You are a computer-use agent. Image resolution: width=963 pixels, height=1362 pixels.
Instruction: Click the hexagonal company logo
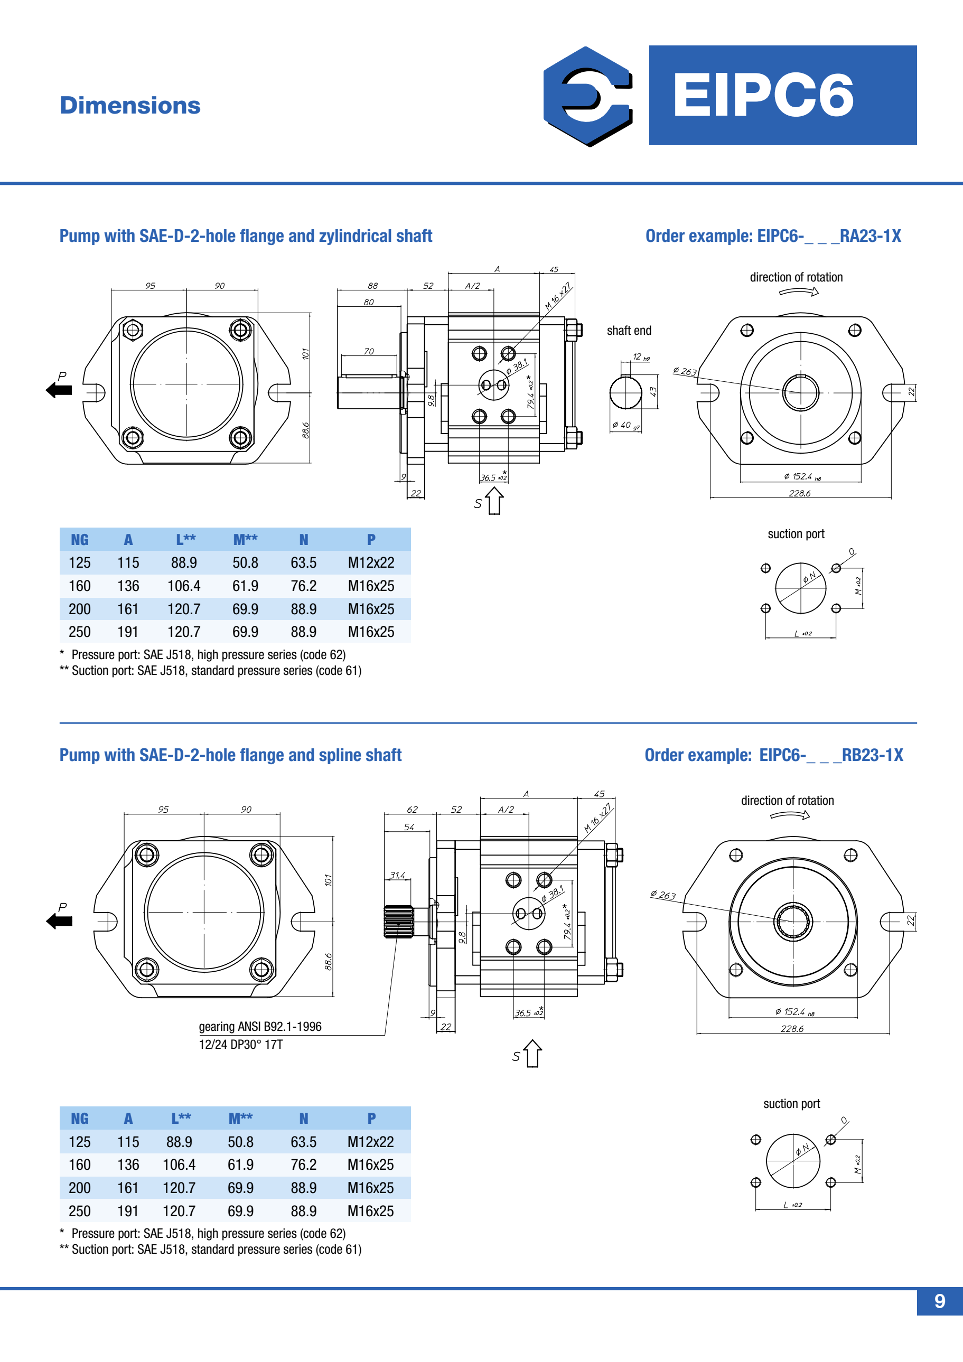pyautogui.click(x=587, y=96)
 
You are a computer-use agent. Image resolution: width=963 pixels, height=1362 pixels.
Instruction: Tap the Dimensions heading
pyautogui.click(x=130, y=106)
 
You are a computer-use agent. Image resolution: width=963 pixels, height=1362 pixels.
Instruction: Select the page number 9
pyautogui.click(x=939, y=1301)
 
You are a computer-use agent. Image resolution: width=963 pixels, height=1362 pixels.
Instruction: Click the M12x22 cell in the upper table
pyautogui.click(x=371, y=562)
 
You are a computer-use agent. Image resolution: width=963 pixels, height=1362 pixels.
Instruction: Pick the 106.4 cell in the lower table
pyautogui.click(x=179, y=1164)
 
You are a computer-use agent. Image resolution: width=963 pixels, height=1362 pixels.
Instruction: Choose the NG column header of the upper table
pyautogui.click(x=80, y=539)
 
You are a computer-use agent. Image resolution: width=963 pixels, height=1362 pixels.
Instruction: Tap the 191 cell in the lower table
pyautogui.click(x=127, y=1211)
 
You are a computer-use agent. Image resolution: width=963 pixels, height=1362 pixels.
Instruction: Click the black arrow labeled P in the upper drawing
pyautogui.click(x=59, y=390)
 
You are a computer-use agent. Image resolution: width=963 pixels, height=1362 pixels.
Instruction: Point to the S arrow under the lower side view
pyautogui.click(x=531, y=1054)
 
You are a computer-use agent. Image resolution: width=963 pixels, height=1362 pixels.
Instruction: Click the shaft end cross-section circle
pyautogui.click(x=625, y=393)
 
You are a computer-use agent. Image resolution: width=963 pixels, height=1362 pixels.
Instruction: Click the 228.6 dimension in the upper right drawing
pyautogui.click(x=799, y=493)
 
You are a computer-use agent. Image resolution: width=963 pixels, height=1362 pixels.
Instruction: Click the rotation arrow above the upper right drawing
pyautogui.click(x=799, y=292)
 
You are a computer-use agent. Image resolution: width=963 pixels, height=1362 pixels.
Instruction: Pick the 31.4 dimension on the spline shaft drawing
pyautogui.click(x=397, y=875)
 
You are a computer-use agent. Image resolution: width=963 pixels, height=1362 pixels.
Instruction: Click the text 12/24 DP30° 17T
pyautogui.click(x=240, y=1044)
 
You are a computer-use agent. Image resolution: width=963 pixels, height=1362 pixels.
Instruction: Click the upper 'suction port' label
pyautogui.click(x=796, y=534)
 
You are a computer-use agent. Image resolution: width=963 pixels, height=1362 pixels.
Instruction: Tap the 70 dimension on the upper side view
pyautogui.click(x=369, y=351)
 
